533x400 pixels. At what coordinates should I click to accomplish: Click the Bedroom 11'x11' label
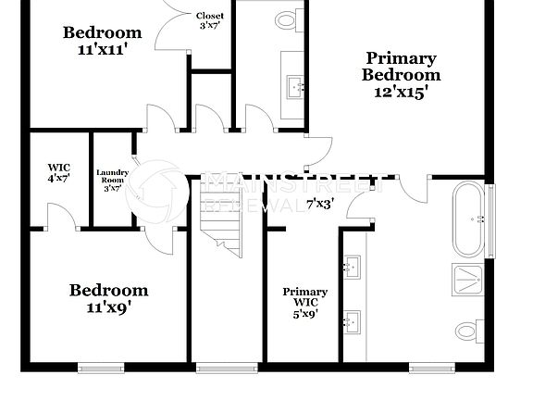tap(102, 42)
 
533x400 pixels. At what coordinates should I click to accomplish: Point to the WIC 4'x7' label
tap(58, 172)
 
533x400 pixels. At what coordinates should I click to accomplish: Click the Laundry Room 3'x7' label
tap(112, 180)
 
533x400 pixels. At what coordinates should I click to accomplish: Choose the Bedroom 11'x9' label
tap(108, 299)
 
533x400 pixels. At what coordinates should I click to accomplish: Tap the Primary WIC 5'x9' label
tap(304, 303)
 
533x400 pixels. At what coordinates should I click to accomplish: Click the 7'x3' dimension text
tap(320, 203)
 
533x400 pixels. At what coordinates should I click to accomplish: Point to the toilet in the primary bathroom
tap(470, 330)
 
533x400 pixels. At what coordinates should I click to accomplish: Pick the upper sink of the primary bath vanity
tap(352, 269)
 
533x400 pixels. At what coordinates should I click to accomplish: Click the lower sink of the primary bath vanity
tap(352, 323)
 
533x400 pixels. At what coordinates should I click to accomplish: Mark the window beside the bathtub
tap(490, 219)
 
